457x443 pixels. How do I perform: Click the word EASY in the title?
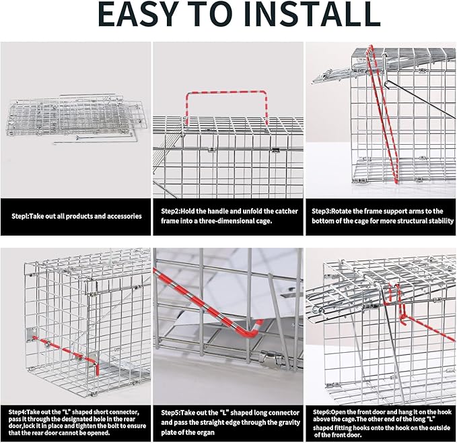tap(138, 14)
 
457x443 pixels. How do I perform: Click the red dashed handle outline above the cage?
tap(227, 92)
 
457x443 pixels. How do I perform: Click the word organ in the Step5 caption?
tap(206, 432)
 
